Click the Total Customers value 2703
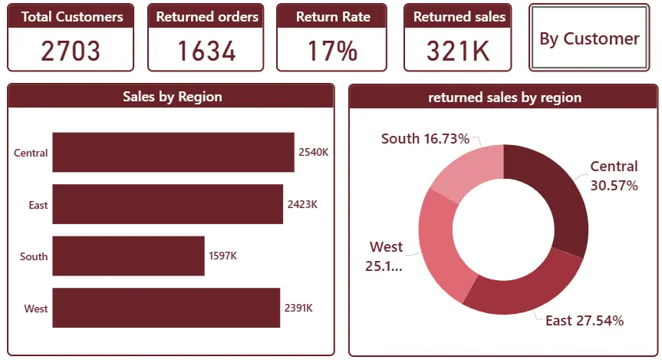(x=71, y=51)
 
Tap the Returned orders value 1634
(x=206, y=51)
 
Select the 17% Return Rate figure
(x=332, y=51)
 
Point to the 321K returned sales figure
(x=458, y=51)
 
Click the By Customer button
(x=589, y=38)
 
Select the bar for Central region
(x=173, y=152)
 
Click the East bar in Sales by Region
(x=168, y=204)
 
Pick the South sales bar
(x=128, y=256)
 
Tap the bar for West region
(x=166, y=308)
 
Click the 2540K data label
(x=313, y=152)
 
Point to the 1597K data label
(x=223, y=256)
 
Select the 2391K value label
(x=298, y=308)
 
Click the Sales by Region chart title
(x=173, y=97)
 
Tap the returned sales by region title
(x=505, y=97)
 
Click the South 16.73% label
(x=425, y=139)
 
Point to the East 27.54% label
(x=585, y=321)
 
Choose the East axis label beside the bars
(x=38, y=206)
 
